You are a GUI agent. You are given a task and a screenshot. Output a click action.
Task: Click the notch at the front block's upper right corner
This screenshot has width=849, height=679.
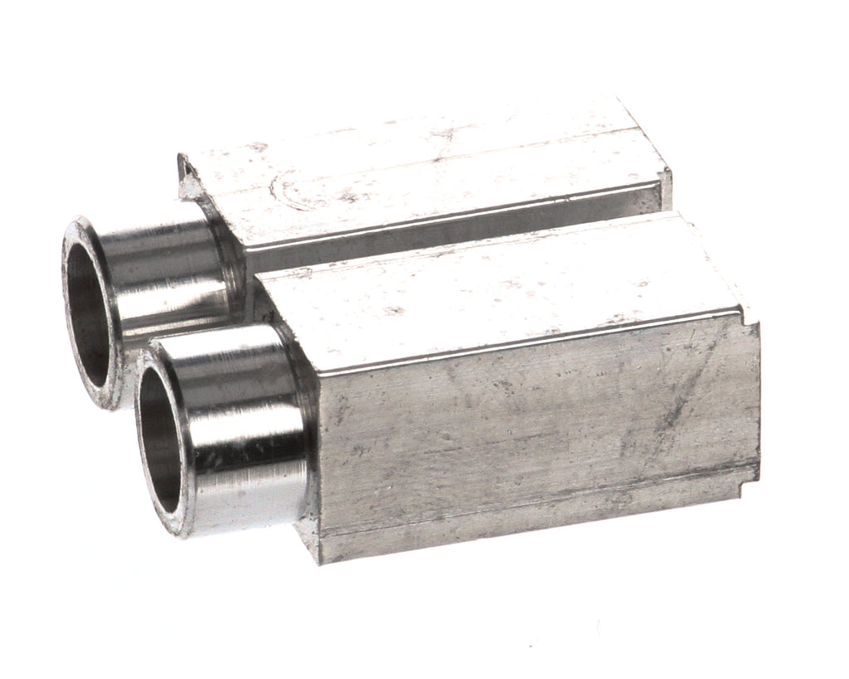click(x=750, y=315)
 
